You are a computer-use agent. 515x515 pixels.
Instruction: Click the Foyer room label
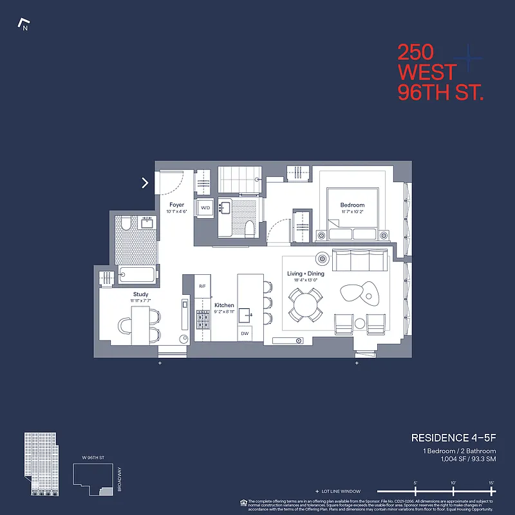[176, 205]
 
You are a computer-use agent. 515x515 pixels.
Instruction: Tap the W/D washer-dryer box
[205, 208]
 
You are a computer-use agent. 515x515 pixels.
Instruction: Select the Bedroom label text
[353, 205]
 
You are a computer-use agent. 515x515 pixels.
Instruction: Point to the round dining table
[306, 303]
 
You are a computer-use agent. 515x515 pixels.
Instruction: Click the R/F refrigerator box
[202, 286]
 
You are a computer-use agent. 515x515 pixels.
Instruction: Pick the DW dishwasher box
[245, 333]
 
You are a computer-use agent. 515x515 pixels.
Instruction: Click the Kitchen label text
[224, 305]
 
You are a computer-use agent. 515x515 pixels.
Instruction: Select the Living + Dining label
[306, 274]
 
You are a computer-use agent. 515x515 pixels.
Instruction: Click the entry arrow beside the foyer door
[145, 183]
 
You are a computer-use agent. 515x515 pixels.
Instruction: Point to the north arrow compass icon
[24, 25]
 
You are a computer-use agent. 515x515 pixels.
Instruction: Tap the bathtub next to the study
[137, 276]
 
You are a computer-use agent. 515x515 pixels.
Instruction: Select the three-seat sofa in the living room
[359, 261]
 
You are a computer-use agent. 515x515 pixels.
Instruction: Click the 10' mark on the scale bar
[453, 483]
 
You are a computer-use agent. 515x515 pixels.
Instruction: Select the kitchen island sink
[245, 315]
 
